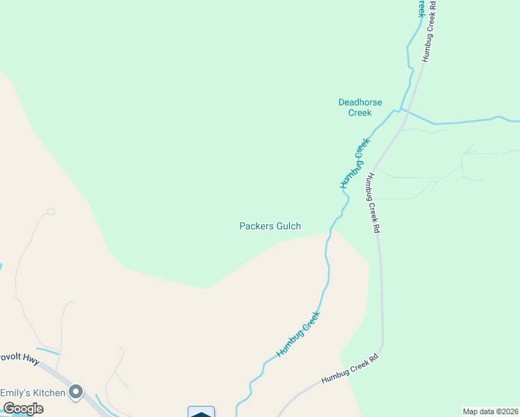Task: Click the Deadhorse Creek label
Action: click(x=360, y=107)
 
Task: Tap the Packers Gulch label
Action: click(x=270, y=226)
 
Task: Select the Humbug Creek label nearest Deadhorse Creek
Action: click(x=356, y=163)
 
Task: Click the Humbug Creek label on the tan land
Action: click(x=299, y=334)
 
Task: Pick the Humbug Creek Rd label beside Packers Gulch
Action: click(x=373, y=202)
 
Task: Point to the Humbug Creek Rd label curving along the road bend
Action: click(x=350, y=369)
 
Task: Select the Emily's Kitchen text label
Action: click(x=33, y=393)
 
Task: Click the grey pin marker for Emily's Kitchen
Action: click(x=77, y=393)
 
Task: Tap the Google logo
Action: click(x=23, y=409)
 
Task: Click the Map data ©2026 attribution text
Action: click(x=490, y=411)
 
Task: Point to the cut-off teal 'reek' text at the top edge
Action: click(x=420, y=8)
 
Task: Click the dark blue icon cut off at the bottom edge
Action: click(x=201, y=412)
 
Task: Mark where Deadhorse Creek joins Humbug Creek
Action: click(x=398, y=109)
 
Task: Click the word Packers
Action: click(x=254, y=226)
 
